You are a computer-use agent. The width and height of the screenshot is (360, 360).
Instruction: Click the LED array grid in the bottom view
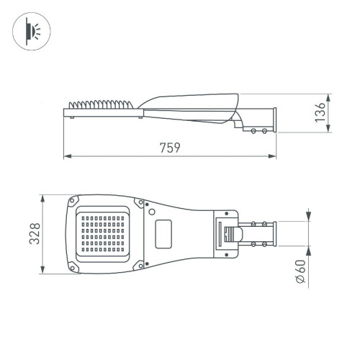coord(104,233)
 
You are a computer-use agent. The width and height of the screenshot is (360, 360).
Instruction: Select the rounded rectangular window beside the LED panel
coord(164,233)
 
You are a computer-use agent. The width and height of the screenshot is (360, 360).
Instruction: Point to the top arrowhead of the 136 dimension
coord(310,95)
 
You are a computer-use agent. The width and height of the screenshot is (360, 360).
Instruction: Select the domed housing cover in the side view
coord(191,99)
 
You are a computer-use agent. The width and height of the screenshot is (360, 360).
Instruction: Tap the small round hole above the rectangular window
coord(152,211)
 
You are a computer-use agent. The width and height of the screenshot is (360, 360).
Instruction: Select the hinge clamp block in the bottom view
coord(228,233)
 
